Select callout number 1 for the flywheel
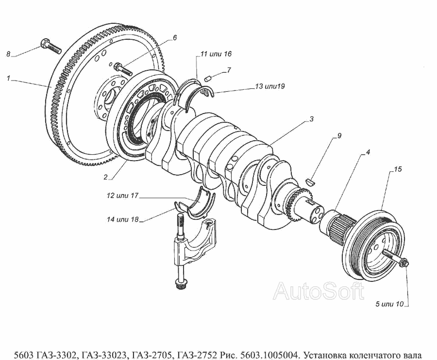pyautogui.click(x=8, y=77)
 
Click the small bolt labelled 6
pyautogui.click(x=121, y=68)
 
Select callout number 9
pyautogui.click(x=339, y=135)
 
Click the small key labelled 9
pyautogui.click(x=311, y=181)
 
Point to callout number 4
pyautogui.click(x=368, y=152)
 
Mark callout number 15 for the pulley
pyautogui.click(x=397, y=170)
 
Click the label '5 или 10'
pyautogui.click(x=389, y=305)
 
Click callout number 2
pyautogui.click(x=105, y=177)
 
